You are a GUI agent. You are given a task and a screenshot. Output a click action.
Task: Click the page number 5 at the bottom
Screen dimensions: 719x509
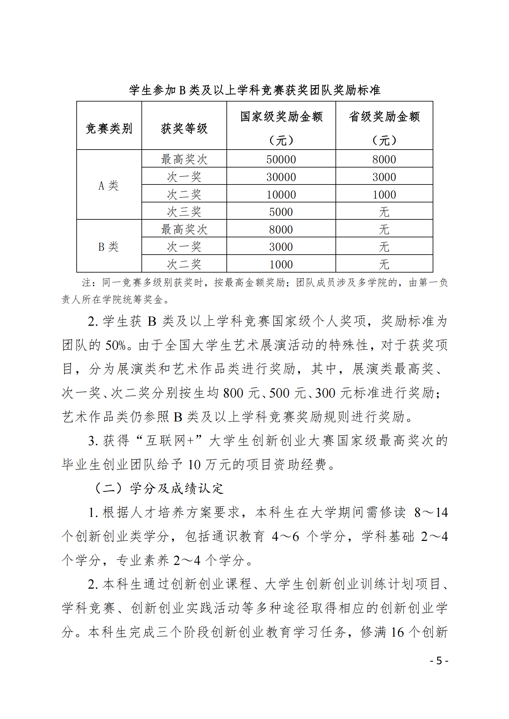click(439, 660)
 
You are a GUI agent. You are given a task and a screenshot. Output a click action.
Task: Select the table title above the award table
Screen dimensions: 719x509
click(255, 90)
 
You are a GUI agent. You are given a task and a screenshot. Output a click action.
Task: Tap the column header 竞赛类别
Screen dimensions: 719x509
click(109, 128)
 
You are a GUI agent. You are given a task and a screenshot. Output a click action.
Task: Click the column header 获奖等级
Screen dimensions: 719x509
click(184, 128)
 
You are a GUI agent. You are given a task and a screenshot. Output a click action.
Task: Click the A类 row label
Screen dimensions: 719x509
click(108, 185)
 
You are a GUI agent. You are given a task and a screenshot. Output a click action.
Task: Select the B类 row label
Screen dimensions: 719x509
click(108, 247)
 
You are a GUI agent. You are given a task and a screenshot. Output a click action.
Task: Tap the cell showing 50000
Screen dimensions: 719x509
click(281, 159)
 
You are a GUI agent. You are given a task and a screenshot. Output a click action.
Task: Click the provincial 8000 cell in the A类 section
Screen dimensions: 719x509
click(384, 159)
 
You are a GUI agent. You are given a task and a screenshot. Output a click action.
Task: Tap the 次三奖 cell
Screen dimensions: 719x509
click(184, 212)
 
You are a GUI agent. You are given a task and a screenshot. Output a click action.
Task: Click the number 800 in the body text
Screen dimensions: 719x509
click(233, 393)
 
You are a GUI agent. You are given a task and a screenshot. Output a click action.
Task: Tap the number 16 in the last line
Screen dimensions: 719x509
click(397, 632)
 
